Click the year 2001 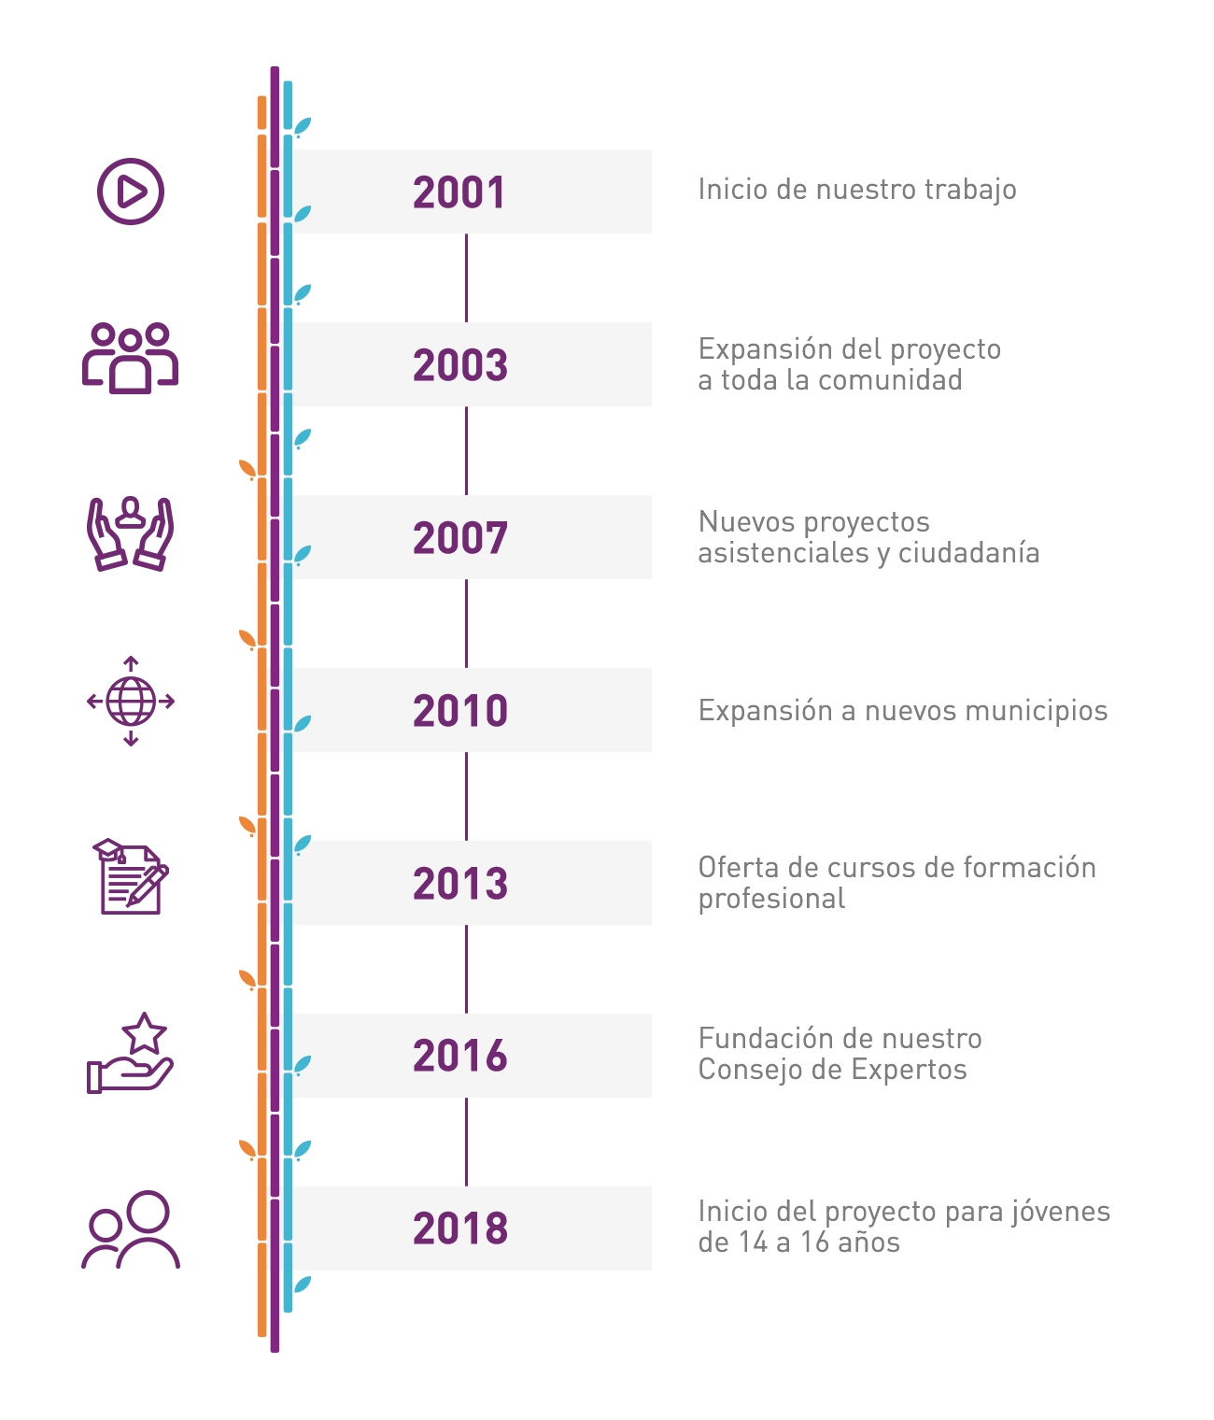[x=459, y=192]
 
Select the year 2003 [x=460, y=365]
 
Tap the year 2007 [x=460, y=538]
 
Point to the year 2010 [x=460, y=711]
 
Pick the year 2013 [x=460, y=884]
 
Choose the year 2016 [x=460, y=1057]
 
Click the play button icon [x=131, y=192]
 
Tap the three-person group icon [x=131, y=358]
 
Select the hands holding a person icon [x=131, y=533]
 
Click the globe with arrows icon [x=131, y=702]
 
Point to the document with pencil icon [x=131, y=877]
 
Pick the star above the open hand [x=144, y=1033]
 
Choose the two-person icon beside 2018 [x=131, y=1229]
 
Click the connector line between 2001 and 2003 [x=466, y=277]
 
